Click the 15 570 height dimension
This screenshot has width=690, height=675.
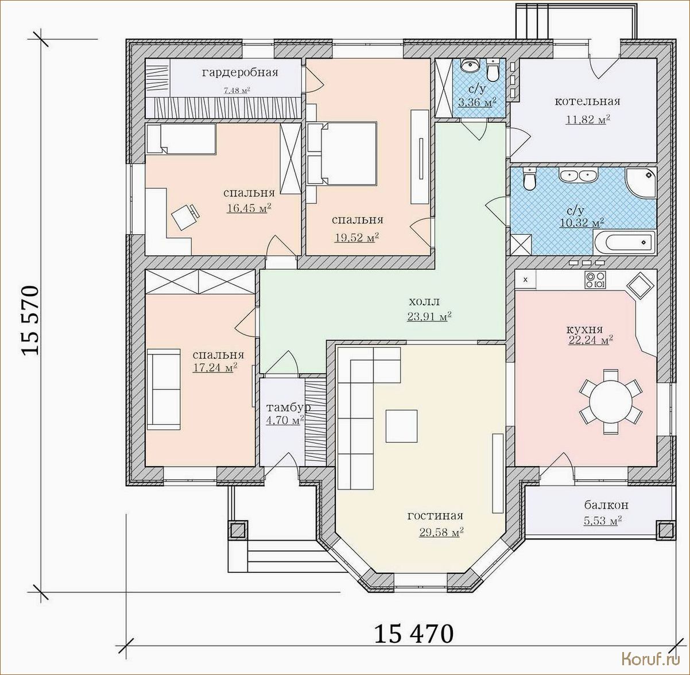click(x=30, y=320)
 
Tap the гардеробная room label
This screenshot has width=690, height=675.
click(x=240, y=73)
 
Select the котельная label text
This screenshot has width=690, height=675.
click(x=587, y=102)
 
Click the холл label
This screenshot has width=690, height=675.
click(x=424, y=302)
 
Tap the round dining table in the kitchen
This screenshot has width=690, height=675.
click(x=611, y=402)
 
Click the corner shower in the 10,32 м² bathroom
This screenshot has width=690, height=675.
click(x=641, y=183)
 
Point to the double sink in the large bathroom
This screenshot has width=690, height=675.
click(x=578, y=175)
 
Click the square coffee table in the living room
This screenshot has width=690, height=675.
click(x=401, y=426)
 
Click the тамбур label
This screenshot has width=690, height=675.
click(x=289, y=408)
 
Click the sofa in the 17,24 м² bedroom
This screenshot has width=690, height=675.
click(x=164, y=389)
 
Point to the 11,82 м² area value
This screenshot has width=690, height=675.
click(x=587, y=119)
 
